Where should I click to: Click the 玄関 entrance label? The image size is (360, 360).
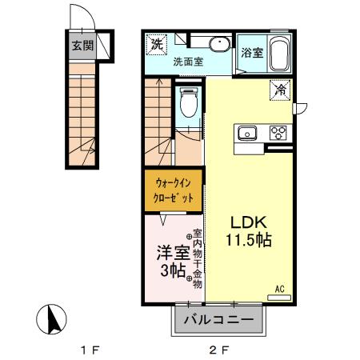82,46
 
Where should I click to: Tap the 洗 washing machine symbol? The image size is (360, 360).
158,42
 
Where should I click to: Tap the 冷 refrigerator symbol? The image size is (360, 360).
281,90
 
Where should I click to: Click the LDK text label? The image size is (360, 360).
248,222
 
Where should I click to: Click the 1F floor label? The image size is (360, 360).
88,350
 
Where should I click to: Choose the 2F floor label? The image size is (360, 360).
218,350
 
